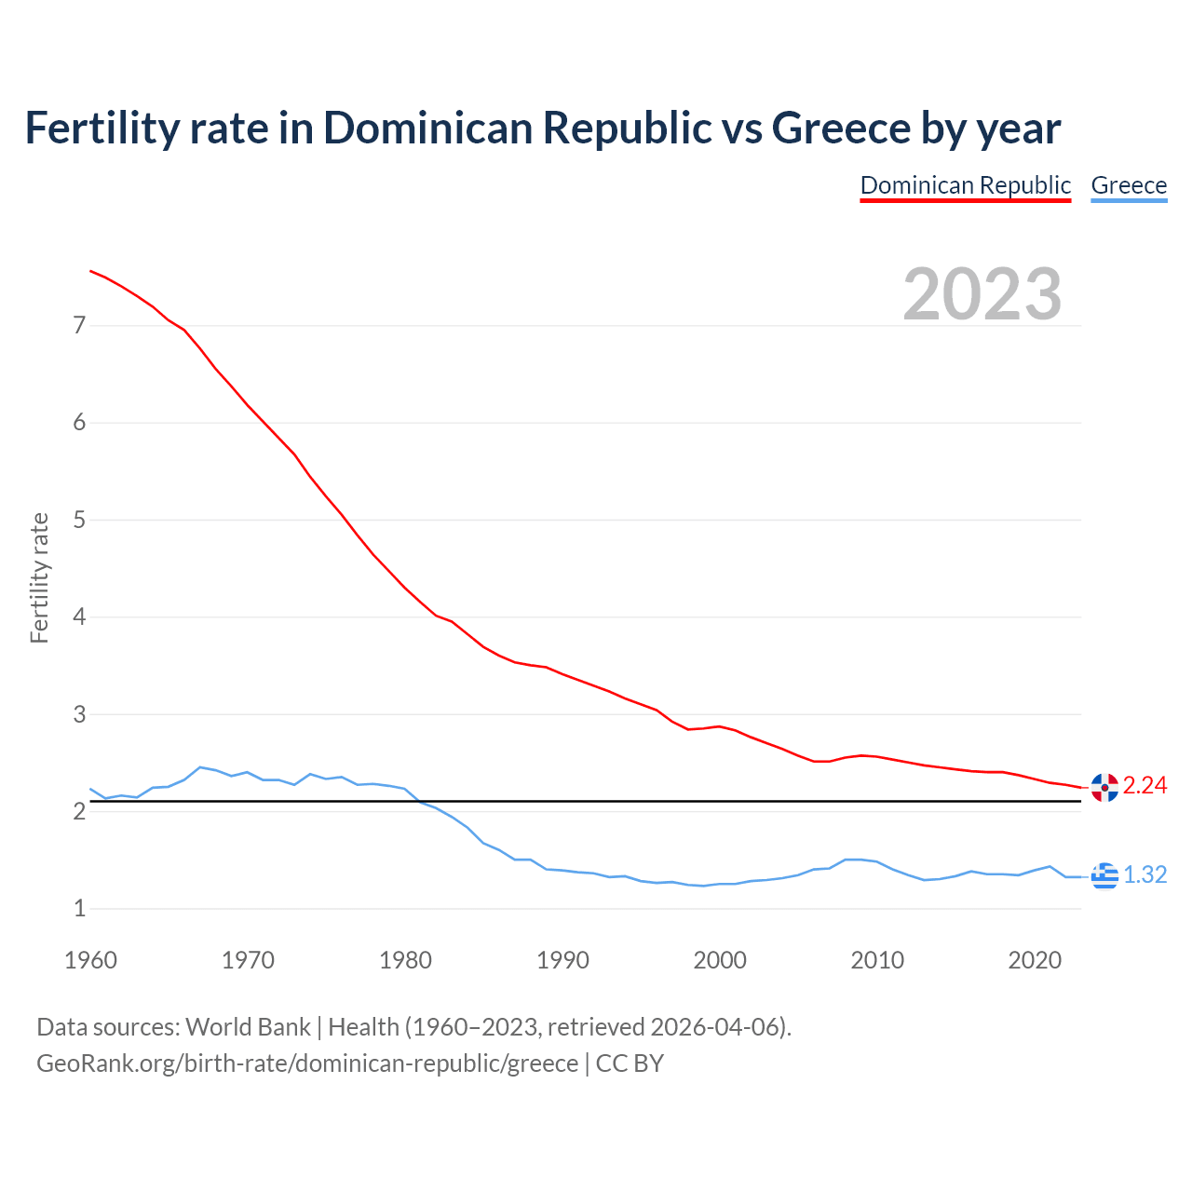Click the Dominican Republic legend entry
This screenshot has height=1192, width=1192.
coord(965,185)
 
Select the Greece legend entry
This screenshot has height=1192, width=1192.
coord(1129,185)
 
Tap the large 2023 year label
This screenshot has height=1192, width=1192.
coord(982,294)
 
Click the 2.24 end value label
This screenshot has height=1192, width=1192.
coord(1145,786)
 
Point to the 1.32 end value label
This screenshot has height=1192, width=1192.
coord(1145,875)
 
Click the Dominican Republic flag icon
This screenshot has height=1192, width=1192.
coord(1104,788)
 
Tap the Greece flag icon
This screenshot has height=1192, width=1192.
coord(1104,875)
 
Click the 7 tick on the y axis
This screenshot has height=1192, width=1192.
coord(79,326)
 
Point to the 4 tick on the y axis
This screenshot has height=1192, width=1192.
coord(79,617)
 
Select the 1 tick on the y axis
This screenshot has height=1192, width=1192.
coord(79,909)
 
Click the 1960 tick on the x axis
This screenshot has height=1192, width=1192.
coord(90,960)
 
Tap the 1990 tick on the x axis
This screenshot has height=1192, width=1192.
coord(562,960)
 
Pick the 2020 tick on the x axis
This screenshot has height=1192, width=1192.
coord(1035,960)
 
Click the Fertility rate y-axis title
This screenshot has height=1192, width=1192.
coord(39,577)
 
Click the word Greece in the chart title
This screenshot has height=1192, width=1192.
coord(841,129)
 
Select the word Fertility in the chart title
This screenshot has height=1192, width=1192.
coord(101,129)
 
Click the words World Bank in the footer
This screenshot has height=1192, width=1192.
coord(248,1027)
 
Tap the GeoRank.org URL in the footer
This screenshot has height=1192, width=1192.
coord(307,1063)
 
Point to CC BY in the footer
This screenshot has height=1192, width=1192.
coord(630,1063)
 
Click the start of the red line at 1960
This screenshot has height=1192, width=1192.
coord(91,271)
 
